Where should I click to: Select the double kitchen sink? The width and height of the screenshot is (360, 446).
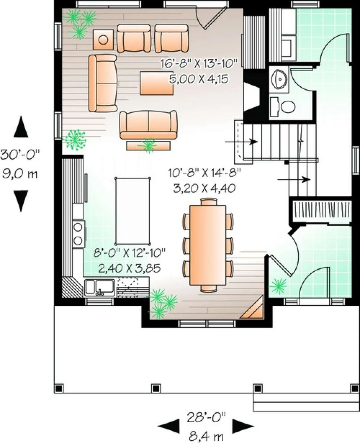100,287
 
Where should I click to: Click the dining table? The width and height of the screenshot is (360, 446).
208,245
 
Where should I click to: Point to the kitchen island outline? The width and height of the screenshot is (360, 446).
115,211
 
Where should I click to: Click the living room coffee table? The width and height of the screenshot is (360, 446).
157,83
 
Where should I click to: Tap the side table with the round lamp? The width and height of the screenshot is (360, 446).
103,40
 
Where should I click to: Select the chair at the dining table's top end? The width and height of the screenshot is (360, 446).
209,202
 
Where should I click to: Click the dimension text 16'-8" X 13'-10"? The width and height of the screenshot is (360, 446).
199,63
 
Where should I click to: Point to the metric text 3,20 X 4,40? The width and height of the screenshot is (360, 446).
204,189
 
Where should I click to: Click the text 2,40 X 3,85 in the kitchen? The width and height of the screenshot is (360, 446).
129,269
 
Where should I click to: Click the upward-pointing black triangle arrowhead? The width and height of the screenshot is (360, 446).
21,127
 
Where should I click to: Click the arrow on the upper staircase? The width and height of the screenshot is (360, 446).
241,142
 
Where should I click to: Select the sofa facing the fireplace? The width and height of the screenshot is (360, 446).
103,83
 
